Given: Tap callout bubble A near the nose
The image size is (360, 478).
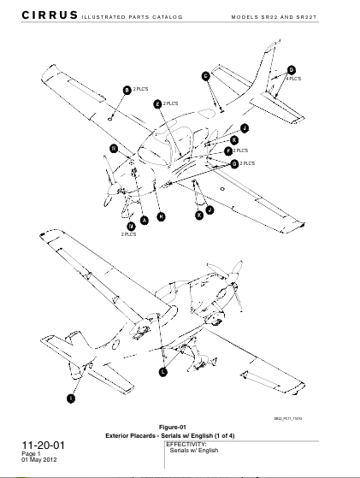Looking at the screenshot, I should click(x=144, y=220).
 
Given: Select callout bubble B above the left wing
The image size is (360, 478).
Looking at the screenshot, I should click(x=127, y=90).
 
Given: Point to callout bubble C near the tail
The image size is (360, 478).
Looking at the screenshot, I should click(x=205, y=76).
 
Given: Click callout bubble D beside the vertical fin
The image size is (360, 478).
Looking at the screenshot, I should click(x=291, y=69).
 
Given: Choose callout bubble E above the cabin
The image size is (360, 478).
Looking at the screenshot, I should click(x=157, y=103).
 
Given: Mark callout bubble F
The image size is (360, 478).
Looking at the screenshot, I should click(x=228, y=151).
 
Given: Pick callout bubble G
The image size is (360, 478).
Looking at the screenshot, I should click(x=234, y=162).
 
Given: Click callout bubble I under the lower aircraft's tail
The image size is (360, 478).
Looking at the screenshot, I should click(x=70, y=398).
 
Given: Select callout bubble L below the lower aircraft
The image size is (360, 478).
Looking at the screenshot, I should click(x=163, y=372).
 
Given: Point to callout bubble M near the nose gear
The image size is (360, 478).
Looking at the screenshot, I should click(x=131, y=226).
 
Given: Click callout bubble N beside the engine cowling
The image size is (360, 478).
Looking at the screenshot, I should click(x=113, y=148).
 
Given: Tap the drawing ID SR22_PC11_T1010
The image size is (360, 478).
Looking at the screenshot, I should click(x=288, y=418).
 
